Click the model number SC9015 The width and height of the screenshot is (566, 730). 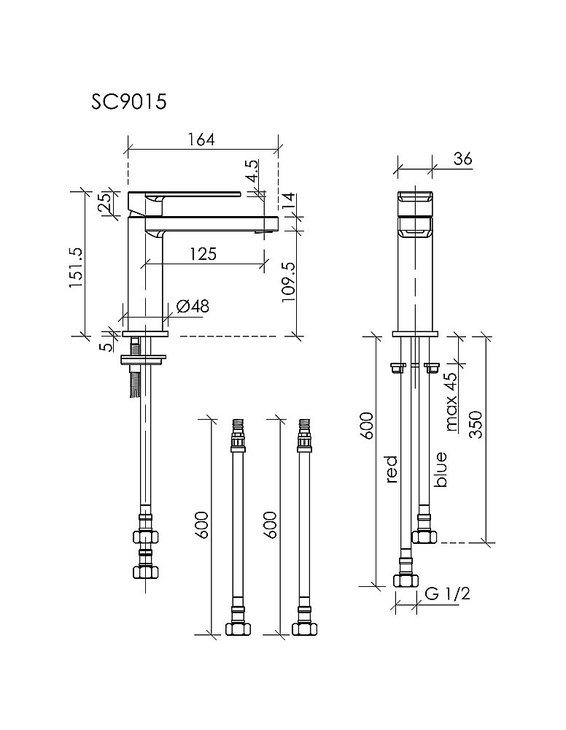pyautogui.click(x=129, y=101)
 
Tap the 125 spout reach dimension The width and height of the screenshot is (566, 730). pyautogui.click(x=203, y=253)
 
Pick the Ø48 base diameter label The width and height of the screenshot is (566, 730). pyautogui.click(x=192, y=307)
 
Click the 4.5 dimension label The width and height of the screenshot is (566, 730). pyautogui.click(x=251, y=172)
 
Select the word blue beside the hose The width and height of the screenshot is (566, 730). pyautogui.click(x=440, y=469)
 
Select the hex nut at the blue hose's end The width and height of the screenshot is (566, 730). pyautogui.click(x=424, y=536)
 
